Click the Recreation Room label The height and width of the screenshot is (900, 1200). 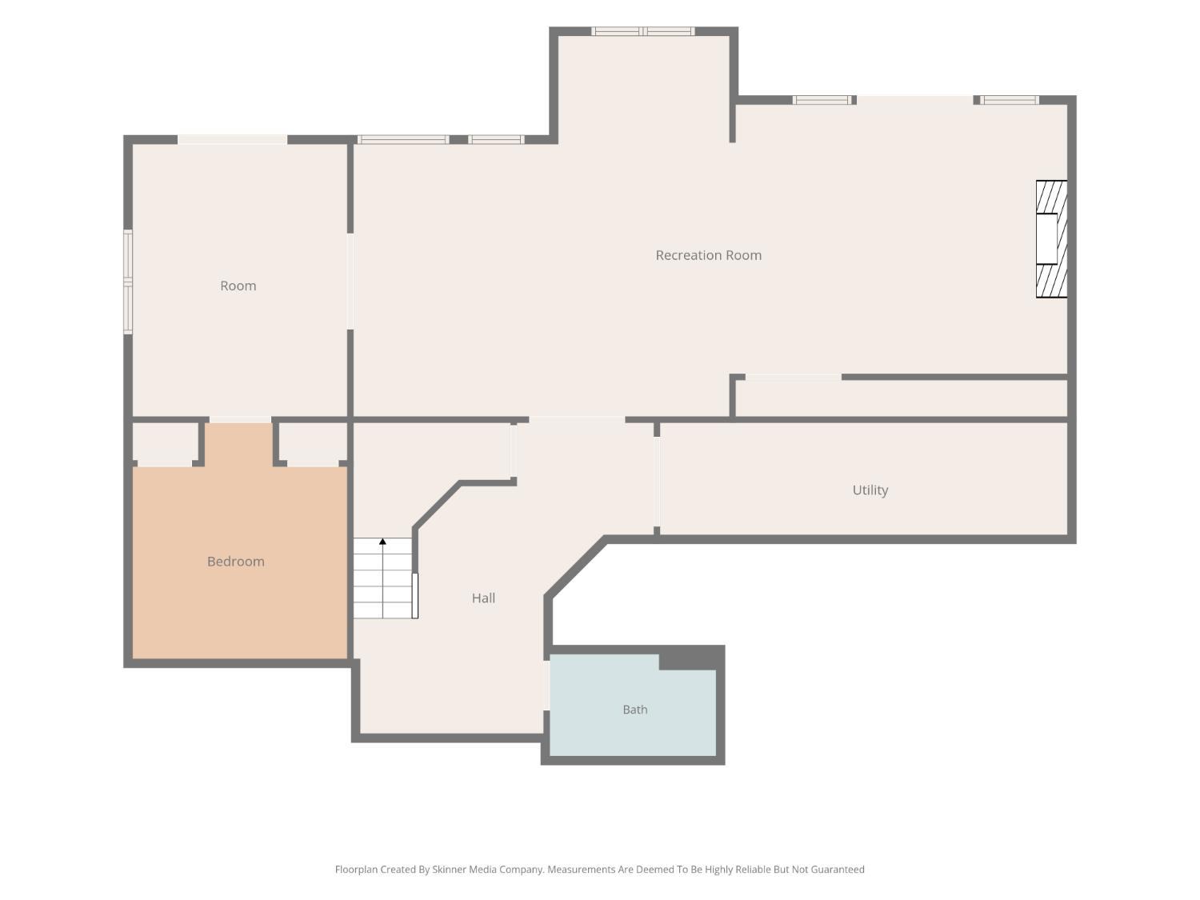(708, 255)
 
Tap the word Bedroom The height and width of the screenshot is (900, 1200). (236, 562)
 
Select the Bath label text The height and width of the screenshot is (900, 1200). (634, 710)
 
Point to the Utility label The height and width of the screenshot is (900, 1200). (870, 490)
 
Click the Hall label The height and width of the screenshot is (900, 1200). (483, 598)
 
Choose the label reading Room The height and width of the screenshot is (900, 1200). (238, 286)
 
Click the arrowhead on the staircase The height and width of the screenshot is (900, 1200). (382, 542)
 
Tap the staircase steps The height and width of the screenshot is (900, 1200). (382, 578)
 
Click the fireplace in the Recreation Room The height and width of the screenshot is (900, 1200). (1051, 238)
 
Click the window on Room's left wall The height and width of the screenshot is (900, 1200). (127, 282)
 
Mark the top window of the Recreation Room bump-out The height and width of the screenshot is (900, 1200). (643, 31)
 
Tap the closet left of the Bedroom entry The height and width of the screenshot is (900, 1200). (165, 444)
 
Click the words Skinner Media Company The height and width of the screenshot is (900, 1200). (488, 870)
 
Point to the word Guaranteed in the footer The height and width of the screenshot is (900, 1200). (837, 870)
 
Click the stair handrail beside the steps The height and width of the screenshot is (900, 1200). (415, 596)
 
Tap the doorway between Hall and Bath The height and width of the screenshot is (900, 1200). (546, 686)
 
